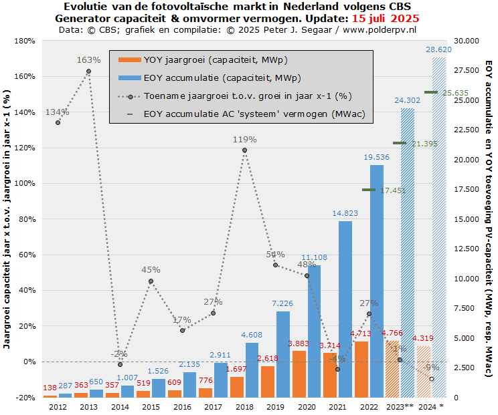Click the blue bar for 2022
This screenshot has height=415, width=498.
click(x=377, y=281)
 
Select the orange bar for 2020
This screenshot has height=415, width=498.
click(x=299, y=374)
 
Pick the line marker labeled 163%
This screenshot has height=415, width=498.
click(x=89, y=72)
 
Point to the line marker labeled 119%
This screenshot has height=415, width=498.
click(x=244, y=150)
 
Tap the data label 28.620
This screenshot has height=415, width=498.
click(x=438, y=49)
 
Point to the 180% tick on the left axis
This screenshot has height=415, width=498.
click(x=25, y=41)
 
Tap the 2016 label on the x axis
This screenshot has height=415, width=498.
click(x=182, y=406)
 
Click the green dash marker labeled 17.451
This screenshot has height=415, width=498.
click(x=369, y=190)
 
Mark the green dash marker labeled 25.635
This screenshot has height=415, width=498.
click(x=430, y=92)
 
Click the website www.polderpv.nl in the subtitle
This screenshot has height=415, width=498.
click(x=378, y=29)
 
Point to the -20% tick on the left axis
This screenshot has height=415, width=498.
click(x=26, y=398)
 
